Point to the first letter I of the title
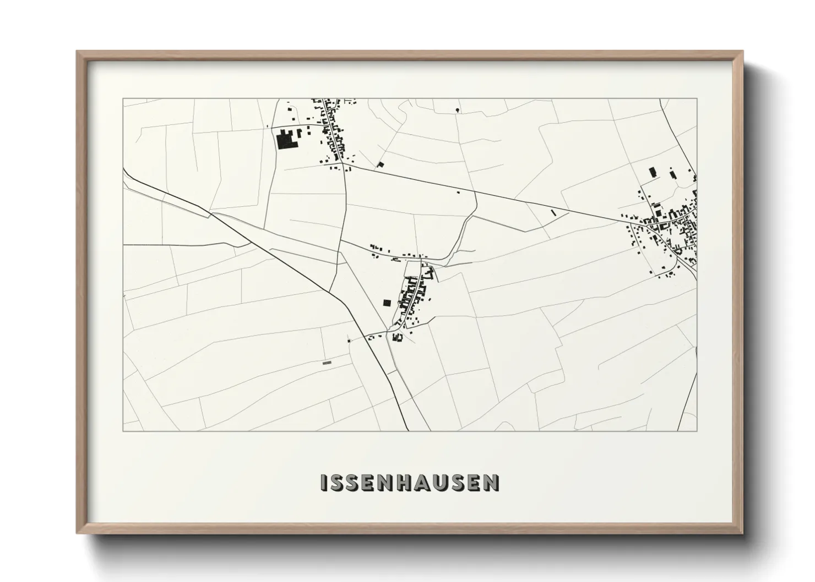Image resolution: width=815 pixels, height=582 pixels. [324, 482]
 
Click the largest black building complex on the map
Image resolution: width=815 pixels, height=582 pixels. [286, 140]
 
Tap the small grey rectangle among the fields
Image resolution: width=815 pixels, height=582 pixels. [327, 363]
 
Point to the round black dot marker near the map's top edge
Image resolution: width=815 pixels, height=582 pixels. [457, 111]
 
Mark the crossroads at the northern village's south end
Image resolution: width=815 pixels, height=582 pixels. [343, 163]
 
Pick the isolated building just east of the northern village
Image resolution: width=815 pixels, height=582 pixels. [380, 164]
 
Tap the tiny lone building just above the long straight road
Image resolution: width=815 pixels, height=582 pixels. [458, 192]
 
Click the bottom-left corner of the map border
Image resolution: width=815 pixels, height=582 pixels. [123, 431]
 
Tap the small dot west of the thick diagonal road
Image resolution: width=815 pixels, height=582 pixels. [349, 341]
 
